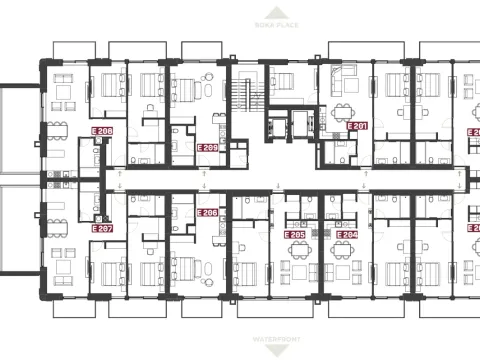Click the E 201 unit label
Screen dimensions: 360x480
click(x=357, y=126)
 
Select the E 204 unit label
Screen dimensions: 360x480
click(x=347, y=235)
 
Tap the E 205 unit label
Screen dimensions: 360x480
click(x=294, y=235)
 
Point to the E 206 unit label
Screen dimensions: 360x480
click(x=208, y=213)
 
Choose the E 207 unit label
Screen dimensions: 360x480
click(x=101, y=229)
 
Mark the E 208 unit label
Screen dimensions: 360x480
click(x=101, y=132)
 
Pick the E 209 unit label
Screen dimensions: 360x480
click(x=208, y=147)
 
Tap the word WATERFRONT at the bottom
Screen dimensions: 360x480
click(x=241, y=341)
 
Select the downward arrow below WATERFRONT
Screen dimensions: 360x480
click(x=241, y=352)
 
